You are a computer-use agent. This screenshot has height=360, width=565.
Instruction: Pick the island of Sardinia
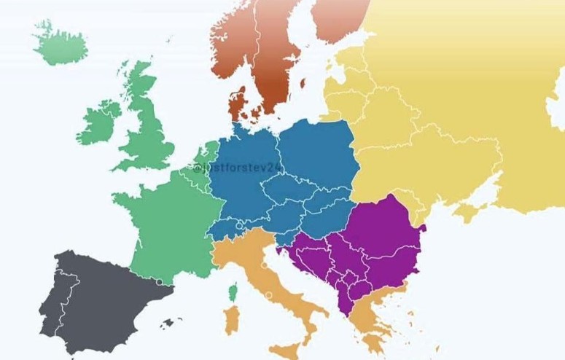pos(232,321)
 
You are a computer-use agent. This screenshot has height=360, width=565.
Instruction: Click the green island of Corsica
pos(234,293)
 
